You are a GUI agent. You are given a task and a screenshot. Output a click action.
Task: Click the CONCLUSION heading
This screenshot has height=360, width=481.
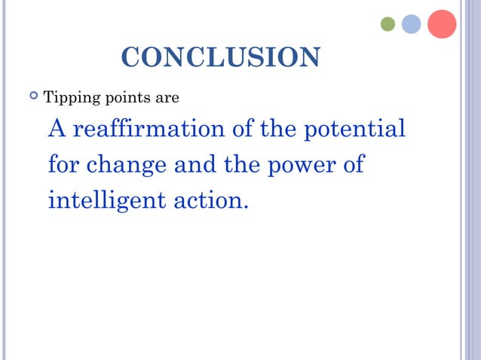[220, 57]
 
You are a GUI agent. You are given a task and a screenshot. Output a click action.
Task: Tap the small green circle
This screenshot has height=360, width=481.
[388, 24]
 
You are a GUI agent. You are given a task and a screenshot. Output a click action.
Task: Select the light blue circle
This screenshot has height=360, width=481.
[411, 24]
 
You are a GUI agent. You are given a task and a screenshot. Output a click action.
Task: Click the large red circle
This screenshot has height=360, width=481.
[442, 23]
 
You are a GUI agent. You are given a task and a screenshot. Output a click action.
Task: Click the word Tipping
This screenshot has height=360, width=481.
[66, 99]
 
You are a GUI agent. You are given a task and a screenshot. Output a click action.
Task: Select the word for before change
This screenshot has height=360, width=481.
[63, 164]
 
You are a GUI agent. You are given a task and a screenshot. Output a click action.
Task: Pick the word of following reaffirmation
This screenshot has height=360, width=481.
[241, 129]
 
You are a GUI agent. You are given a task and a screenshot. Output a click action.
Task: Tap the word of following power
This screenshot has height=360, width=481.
[354, 164]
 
